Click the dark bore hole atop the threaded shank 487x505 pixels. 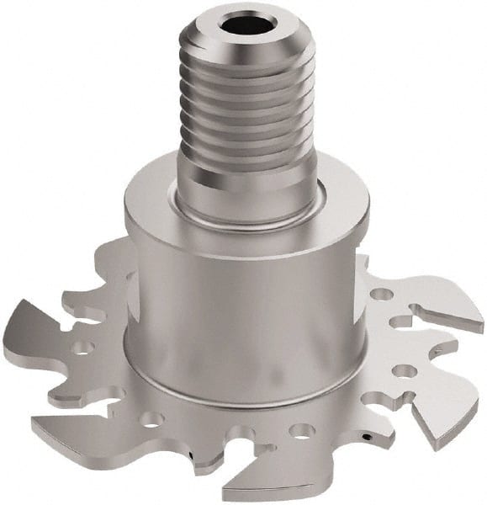coord(244,23)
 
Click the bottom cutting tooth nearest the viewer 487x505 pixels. coord(252,484)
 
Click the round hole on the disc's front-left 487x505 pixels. coord(151,418)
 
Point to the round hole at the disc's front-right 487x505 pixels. coord(301,430)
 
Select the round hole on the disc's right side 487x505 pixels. coord(405,370)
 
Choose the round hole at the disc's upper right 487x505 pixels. coord(382,295)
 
